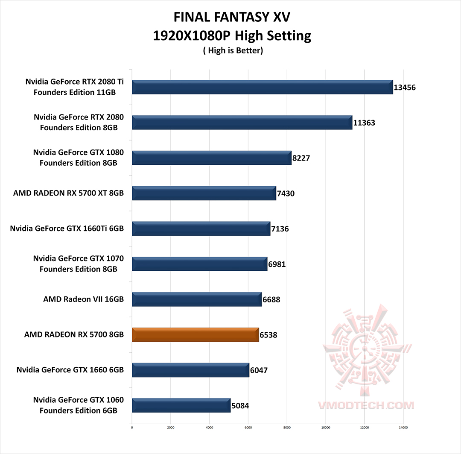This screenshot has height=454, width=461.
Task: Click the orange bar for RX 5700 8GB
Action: point(195,335)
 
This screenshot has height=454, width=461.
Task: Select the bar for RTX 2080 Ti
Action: point(262,87)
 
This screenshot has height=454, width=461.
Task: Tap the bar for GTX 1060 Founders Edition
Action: point(181,405)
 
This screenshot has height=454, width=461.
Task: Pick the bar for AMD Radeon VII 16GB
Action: point(197,299)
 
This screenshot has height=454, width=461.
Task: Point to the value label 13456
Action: point(405,88)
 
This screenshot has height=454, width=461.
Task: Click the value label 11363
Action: point(364,123)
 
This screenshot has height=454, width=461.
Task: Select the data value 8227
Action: point(301,158)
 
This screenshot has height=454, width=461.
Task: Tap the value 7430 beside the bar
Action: point(286,193)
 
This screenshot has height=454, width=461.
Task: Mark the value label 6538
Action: point(268,335)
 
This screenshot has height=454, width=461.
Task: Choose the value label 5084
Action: point(240,406)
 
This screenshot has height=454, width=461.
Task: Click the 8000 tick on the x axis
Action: point(287,427)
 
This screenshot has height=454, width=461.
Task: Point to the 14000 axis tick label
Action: point(403,427)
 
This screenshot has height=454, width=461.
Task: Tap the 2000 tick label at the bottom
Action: point(171,427)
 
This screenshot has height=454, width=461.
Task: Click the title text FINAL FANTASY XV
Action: point(232,18)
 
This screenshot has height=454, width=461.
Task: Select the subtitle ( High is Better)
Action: point(233,50)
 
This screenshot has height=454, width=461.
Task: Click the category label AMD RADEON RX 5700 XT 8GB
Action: point(68,193)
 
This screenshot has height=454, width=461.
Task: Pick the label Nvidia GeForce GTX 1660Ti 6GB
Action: point(67,229)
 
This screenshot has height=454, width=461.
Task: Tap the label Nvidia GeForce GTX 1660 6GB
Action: point(70,370)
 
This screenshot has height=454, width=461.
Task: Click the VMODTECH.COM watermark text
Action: point(365,405)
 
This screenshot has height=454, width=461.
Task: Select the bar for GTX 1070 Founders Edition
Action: point(199,264)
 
